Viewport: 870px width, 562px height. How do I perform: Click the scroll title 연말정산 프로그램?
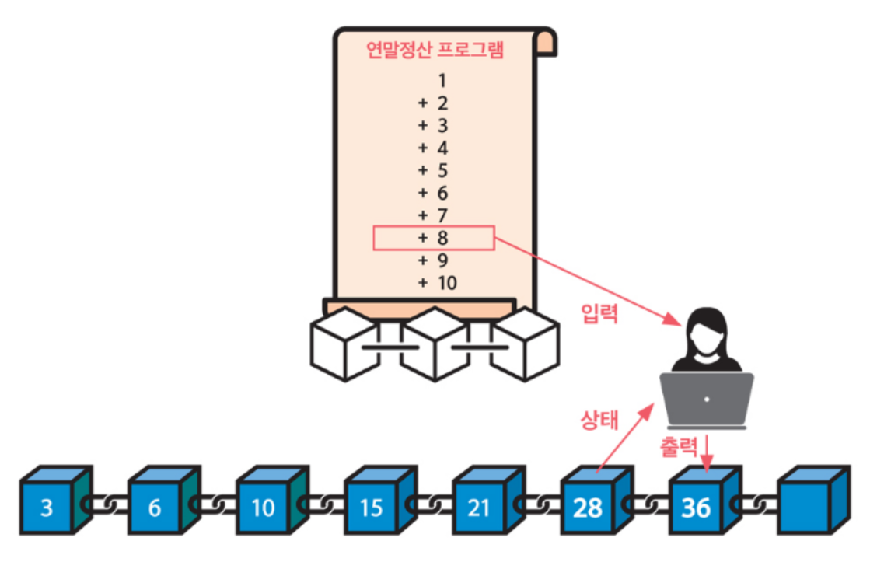[x=435, y=51]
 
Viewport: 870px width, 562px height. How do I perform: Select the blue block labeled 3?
[x=47, y=508]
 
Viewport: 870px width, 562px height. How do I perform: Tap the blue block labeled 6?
[x=155, y=508]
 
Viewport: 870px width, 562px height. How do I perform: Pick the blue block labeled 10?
[x=264, y=508]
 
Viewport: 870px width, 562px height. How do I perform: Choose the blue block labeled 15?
[x=372, y=508]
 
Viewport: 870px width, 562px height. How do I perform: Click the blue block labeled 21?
[x=480, y=508]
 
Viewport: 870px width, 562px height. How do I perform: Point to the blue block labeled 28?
[x=588, y=508]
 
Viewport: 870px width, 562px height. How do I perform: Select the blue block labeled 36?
[x=696, y=508]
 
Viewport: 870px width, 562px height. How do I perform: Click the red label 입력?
[x=599, y=313]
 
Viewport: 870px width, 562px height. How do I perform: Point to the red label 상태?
[x=599, y=420]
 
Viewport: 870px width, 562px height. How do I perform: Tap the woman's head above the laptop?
[x=705, y=330]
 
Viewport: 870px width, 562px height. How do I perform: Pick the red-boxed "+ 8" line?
[x=434, y=238]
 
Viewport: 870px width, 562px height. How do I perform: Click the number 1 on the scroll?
[x=442, y=80]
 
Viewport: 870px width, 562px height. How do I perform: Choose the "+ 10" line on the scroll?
[x=437, y=283]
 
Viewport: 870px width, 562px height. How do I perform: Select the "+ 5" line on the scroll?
[x=434, y=170]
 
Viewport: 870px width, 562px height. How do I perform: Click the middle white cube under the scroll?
[x=434, y=343]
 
